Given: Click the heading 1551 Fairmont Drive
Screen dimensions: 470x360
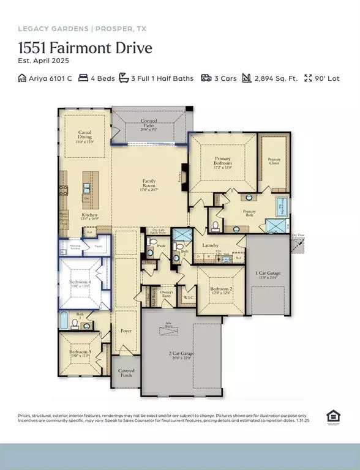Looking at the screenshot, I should [85, 47].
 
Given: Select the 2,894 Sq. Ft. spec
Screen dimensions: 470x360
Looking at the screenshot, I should [276, 78].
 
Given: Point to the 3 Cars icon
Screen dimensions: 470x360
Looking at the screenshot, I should [206, 78].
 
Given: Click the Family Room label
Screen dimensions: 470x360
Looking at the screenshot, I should [149, 184].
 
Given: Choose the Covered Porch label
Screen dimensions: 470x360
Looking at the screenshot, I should [126, 373].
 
